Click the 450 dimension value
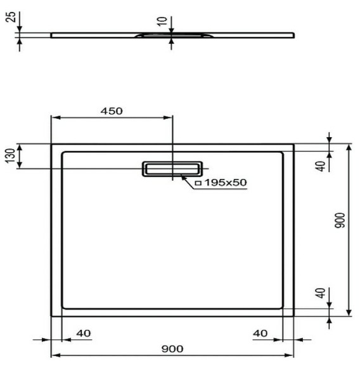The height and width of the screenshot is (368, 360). coord(111,110)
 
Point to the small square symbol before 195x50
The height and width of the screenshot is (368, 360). coord(198,183)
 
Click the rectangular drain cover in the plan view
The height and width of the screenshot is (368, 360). coord(172,168)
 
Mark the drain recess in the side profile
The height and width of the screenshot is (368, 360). coord(155,36)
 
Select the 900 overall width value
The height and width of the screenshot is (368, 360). coord(172,349)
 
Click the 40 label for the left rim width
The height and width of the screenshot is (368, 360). coord(82,332)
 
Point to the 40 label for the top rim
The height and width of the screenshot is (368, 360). coord(321,165)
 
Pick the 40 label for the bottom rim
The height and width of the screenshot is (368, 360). coord(321,294)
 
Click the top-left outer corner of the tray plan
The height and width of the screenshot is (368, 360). coord(52,144)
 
